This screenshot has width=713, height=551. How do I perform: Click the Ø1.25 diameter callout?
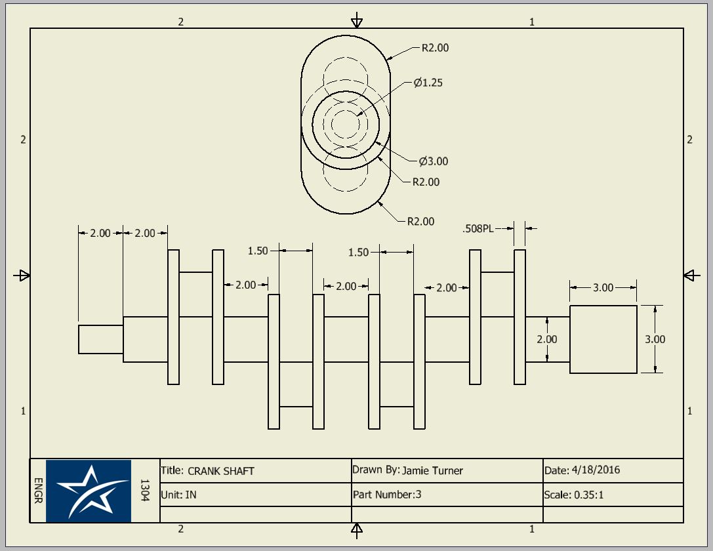[x=428, y=83]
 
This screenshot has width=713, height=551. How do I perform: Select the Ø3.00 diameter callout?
[x=434, y=161]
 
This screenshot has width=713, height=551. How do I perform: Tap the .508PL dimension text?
[x=478, y=229]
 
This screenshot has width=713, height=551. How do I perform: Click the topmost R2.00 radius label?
[x=435, y=48]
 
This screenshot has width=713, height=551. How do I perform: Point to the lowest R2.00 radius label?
[x=420, y=221]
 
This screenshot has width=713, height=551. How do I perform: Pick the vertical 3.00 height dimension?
[x=655, y=339]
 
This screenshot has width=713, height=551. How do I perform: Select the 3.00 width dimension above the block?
[x=603, y=288]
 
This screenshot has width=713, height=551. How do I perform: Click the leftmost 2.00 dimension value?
[x=100, y=234]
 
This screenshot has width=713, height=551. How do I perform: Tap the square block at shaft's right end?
[x=603, y=339]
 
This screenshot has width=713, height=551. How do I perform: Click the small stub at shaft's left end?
[x=100, y=339]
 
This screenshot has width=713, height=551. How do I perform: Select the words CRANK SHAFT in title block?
[x=221, y=470]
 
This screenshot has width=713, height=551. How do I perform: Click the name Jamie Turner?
[x=432, y=470]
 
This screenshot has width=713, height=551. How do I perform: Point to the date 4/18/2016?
[x=596, y=470]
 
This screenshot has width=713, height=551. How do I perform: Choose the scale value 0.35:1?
[x=588, y=495]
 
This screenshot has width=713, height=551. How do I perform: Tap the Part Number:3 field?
[x=387, y=495]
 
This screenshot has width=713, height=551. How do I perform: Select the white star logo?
[x=89, y=491]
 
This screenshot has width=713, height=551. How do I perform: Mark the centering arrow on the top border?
[x=356, y=20]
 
